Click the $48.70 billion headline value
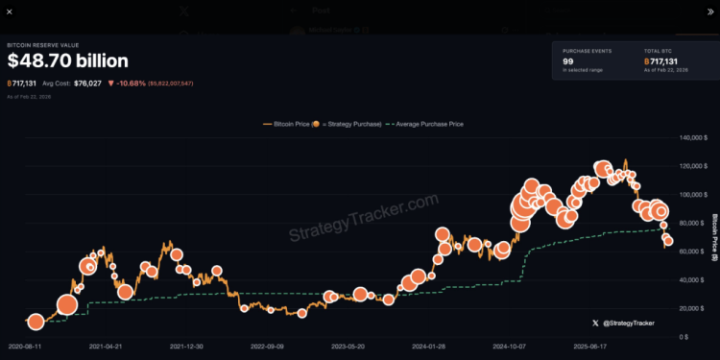pos(67,61)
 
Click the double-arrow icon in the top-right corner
pos(709,11)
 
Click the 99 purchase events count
pos(568,60)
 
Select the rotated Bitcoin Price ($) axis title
pos(713,238)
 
